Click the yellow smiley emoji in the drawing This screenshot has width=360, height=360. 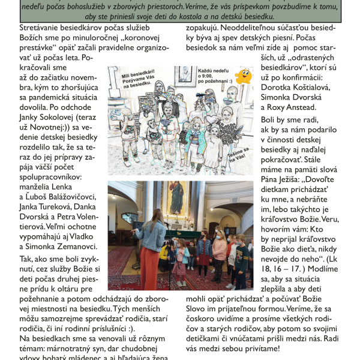point(243,76)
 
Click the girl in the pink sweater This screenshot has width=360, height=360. point(220,249)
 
